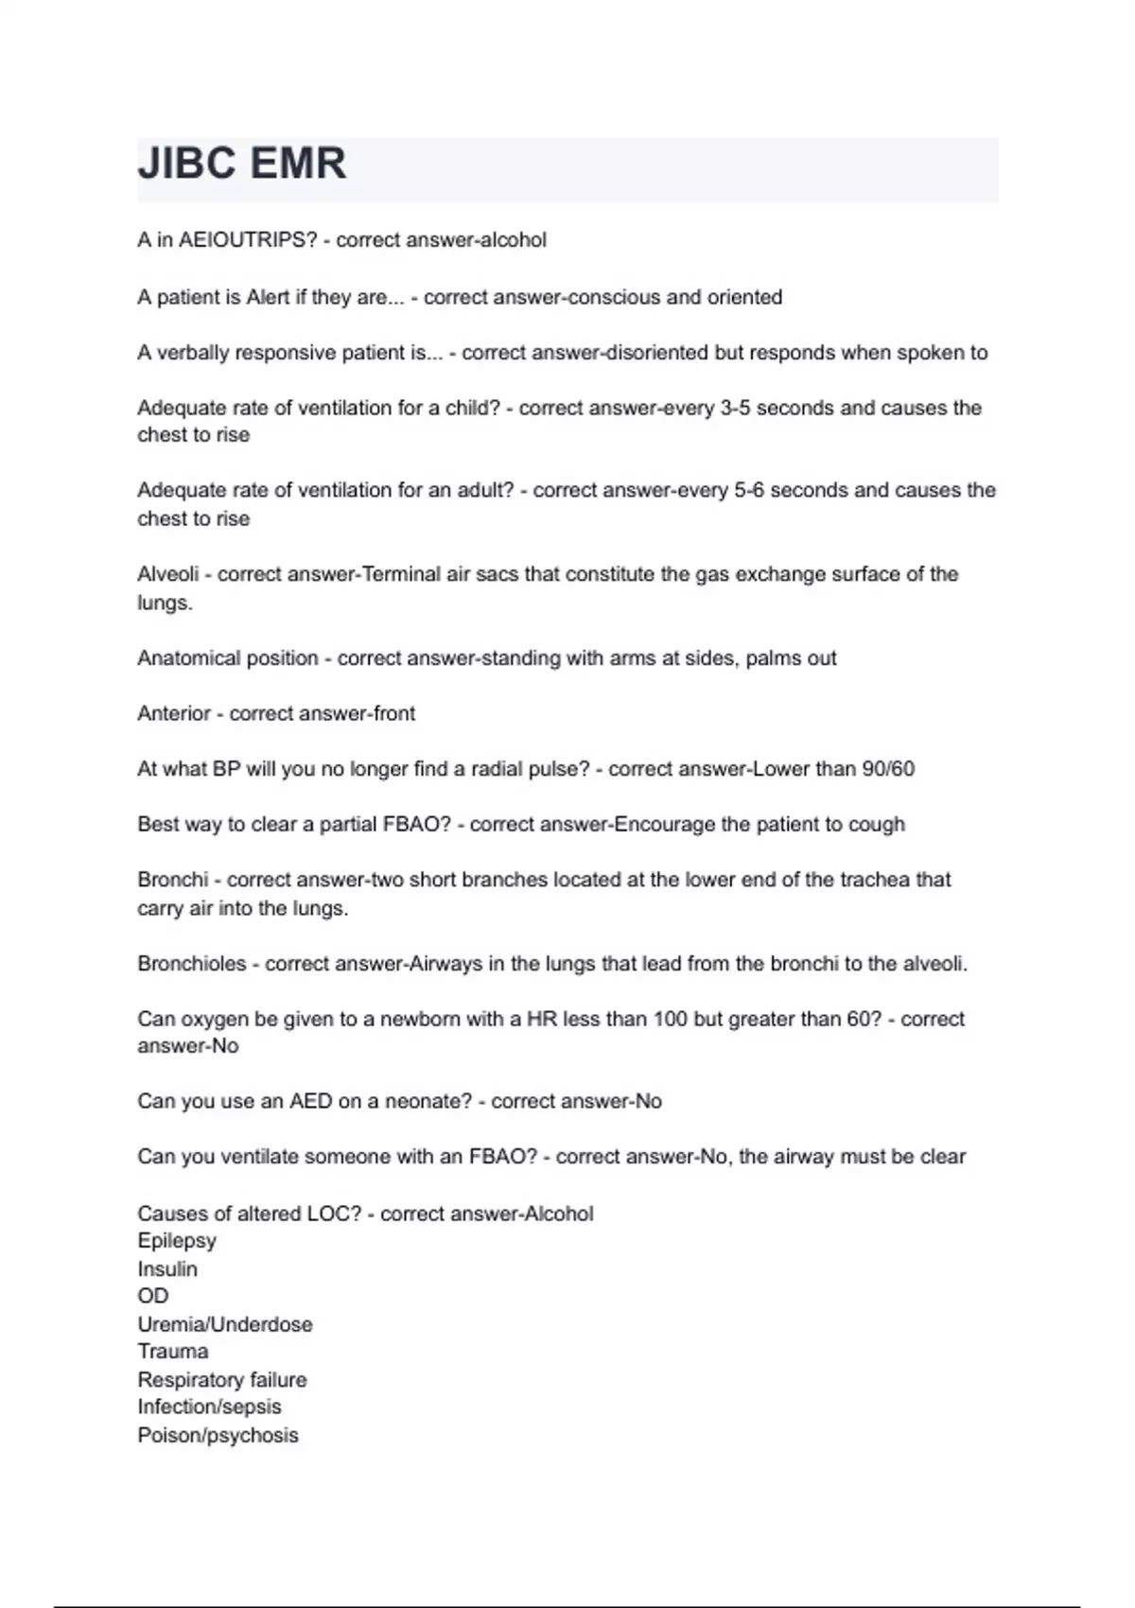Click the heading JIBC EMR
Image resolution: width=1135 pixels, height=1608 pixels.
(242, 164)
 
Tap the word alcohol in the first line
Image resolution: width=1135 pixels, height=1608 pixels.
(514, 240)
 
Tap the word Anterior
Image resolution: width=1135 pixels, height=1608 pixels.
(174, 713)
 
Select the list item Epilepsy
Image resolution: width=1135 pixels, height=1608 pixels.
(177, 1240)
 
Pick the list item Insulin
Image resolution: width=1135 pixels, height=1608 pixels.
(167, 1268)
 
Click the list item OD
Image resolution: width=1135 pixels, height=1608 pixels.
(153, 1296)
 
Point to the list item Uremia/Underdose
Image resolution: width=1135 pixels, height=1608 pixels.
(225, 1324)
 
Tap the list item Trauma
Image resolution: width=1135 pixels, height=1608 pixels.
(173, 1352)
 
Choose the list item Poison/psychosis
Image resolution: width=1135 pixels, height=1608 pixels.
(218, 1435)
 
